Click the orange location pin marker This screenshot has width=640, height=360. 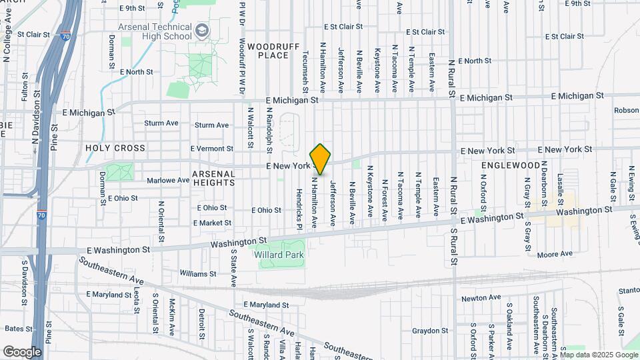coord(321,159)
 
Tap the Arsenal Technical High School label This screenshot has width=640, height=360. coord(154,31)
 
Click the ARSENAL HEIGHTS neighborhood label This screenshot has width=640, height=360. coord(213,177)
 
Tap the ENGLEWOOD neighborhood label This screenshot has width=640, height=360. coord(510,165)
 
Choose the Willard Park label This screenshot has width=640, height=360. coord(279,255)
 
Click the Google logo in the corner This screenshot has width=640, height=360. coord(22,351)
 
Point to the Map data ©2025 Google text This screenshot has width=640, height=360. coord(599,355)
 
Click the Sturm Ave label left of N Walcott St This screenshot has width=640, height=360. coord(213,125)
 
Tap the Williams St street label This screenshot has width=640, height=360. coord(198,273)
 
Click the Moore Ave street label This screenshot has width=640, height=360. coord(555,254)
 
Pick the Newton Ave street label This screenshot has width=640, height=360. coord(481,298)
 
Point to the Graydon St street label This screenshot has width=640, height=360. coord(429,331)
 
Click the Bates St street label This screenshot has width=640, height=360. coord(19,329)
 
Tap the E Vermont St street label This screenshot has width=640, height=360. coord(212,149)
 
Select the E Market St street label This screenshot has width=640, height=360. coord(213,223)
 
